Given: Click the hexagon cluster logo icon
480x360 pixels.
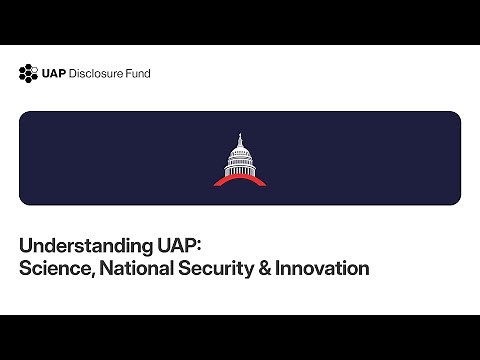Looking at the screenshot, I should (x=28, y=72).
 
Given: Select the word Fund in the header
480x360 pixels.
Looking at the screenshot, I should (x=139, y=72).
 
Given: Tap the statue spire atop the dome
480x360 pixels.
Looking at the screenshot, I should (x=240, y=137).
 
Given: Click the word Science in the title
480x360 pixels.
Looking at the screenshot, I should (x=55, y=268).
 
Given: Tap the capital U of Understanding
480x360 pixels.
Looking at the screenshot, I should (x=26, y=245).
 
